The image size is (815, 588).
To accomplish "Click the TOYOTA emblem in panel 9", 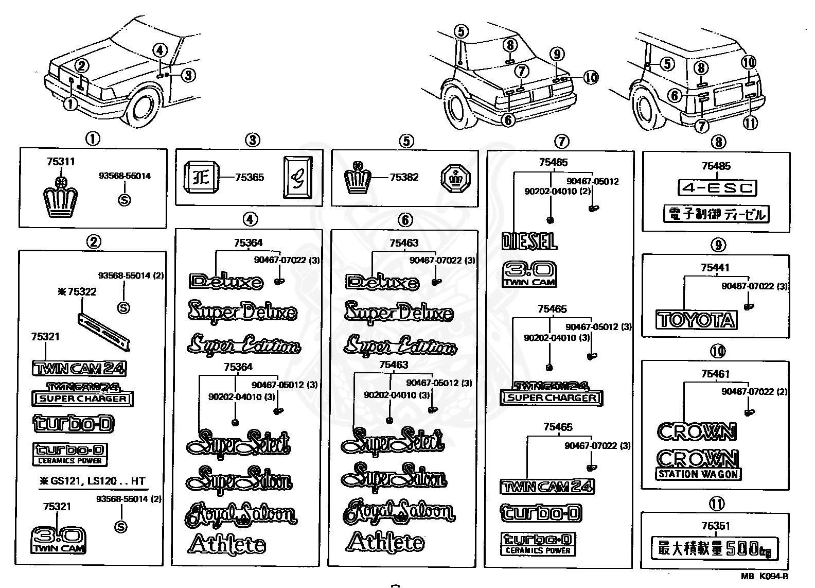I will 696,320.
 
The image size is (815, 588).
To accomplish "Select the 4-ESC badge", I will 717,187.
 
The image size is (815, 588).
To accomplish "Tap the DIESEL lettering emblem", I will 529,241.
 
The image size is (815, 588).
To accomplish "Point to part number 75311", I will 61,162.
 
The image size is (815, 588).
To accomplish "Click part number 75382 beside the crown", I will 404,177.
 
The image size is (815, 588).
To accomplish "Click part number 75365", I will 249,177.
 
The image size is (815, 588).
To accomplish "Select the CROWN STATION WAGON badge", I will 698,464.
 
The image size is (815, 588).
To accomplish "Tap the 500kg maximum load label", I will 715,549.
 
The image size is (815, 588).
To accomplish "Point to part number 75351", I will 716,526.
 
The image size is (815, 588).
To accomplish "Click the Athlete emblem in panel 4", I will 227,544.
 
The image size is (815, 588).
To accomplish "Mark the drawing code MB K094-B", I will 765,577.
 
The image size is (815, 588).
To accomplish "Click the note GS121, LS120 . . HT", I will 93,481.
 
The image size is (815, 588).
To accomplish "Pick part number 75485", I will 716,166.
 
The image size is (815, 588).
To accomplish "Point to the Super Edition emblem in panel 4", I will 244,344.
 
